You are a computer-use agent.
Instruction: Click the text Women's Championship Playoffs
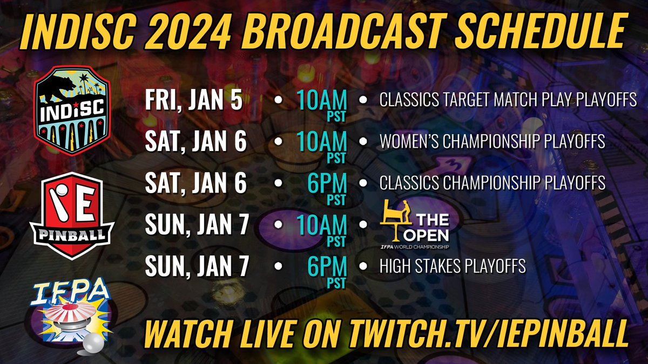(x=492, y=142)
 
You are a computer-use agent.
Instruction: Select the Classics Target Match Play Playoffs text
(x=508, y=101)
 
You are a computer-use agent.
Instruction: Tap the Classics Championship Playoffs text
(x=492, y=183)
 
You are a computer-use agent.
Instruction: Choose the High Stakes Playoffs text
(x=453, y=266)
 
